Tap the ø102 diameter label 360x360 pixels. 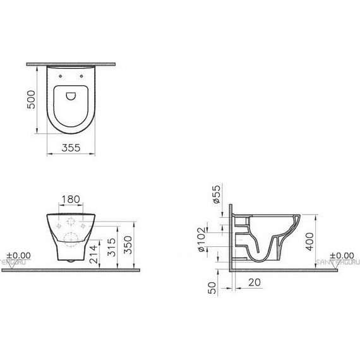coord(201,239)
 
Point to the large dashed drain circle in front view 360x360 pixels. coord(71,239)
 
